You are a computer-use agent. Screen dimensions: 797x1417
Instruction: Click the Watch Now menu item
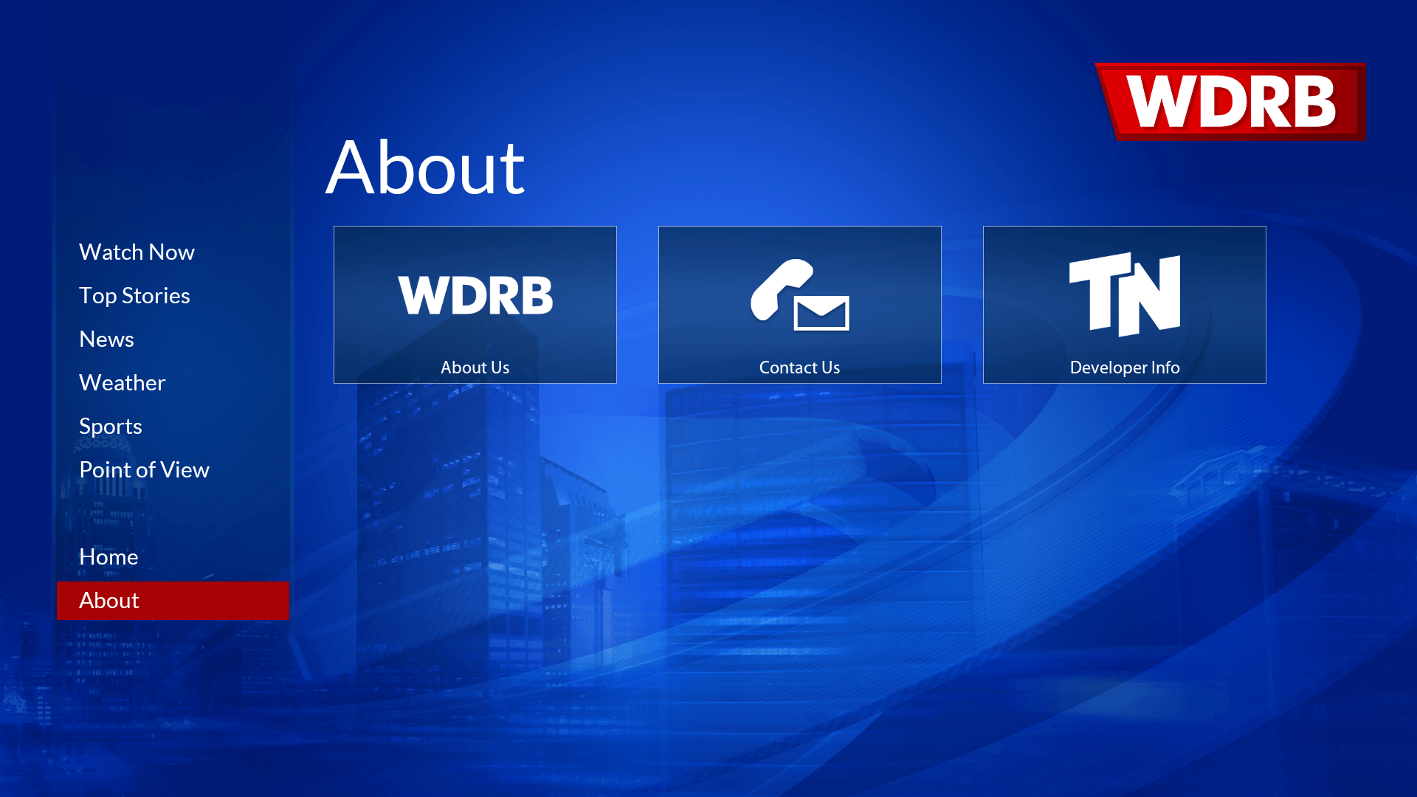click(137, 252)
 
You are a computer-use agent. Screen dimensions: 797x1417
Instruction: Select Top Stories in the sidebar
click(134, 296)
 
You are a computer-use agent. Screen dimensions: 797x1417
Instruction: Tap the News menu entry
click(106, 339)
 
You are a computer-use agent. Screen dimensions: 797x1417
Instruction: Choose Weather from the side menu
click(122, 383)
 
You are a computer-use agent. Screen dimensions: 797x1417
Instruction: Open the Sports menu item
click(110, 427)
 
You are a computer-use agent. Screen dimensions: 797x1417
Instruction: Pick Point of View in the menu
click(144, 470)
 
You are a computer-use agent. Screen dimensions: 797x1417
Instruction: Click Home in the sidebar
click(108, 557)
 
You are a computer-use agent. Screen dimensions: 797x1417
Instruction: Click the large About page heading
click(425, 168)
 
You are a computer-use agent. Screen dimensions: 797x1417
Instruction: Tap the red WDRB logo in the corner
click(1231, 102)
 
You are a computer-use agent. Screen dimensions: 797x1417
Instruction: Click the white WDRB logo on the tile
click(475, 295)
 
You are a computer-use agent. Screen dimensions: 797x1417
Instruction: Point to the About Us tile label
click(475, 368)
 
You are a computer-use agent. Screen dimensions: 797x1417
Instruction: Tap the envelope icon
click(821, 314)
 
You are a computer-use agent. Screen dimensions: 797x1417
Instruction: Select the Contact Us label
click(799, 368)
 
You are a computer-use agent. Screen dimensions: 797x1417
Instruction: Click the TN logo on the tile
click(1125, 294)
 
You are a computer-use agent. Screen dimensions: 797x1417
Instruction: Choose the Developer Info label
click(1125, 368)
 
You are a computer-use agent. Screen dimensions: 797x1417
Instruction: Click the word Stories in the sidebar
click(156, 296)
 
